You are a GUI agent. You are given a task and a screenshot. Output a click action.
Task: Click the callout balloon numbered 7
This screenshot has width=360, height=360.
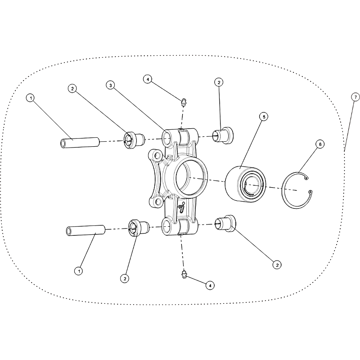pyautogui.click(x=355, y=97)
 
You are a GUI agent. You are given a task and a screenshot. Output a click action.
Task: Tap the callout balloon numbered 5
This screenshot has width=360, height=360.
pyautogui.click(x=264, y=117)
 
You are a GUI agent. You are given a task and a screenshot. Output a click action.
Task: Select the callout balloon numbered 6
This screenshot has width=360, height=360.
pyautogui.click(x=320, y=144)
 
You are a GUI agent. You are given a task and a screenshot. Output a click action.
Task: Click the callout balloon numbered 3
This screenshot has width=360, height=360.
pyautogui.click(x=111, y=85)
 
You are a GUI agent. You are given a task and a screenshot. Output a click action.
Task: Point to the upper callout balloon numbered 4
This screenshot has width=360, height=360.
pyautogui.click(x=148, y=79)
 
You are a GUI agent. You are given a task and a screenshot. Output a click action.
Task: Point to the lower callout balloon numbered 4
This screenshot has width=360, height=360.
pyautogui.click(x=210, y=285)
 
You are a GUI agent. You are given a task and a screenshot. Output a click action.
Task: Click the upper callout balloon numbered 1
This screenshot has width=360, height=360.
pyautogui.click(x=31, y=98)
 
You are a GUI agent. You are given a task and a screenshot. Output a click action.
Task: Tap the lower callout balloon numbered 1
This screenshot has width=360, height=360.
pyautogui.click(x=79, y=271)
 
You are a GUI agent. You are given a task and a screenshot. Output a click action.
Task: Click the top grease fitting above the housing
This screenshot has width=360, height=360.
pyautogui.click(x=184, y=102)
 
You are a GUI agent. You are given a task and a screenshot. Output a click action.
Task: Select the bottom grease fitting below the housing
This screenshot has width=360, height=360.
pyautogui.click(x=184, y=274)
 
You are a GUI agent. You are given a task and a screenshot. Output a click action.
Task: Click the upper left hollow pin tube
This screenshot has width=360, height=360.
pyautogui.click(x=80, y=142)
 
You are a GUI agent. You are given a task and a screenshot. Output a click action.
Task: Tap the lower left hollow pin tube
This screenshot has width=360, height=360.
pyautogui.click(x=85, y=230)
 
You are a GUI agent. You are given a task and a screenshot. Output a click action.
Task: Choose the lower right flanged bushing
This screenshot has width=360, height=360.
pyautogui.click(x=225, y=223)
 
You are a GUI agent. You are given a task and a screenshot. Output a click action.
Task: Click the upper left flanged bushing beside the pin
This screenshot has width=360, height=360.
pyautogui.click(x=134, y=140)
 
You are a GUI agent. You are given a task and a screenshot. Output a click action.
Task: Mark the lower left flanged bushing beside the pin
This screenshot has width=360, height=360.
pyautogui.click(x=139, y=228)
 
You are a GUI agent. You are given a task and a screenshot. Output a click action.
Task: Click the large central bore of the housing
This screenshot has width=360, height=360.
pyautogui.click(x=190, y=177)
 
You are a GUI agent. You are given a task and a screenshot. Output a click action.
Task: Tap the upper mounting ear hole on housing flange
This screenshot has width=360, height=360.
pyautogui.click(x=157, y=155)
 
